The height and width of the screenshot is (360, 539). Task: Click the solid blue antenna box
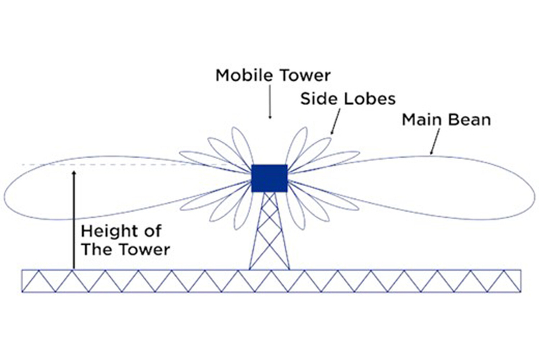(x=269, y=178)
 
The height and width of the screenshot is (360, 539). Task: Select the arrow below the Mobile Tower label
(x=269, y=104)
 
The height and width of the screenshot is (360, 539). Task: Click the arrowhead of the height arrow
(x=75, y=174)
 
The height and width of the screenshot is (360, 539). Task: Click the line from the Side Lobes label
(x=335, y=121)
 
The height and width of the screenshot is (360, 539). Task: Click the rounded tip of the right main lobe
(x=533, y=191)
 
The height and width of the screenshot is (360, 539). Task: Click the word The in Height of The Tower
(x=94, y=249)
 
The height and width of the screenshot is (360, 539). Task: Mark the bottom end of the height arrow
(x=75, y=268)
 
